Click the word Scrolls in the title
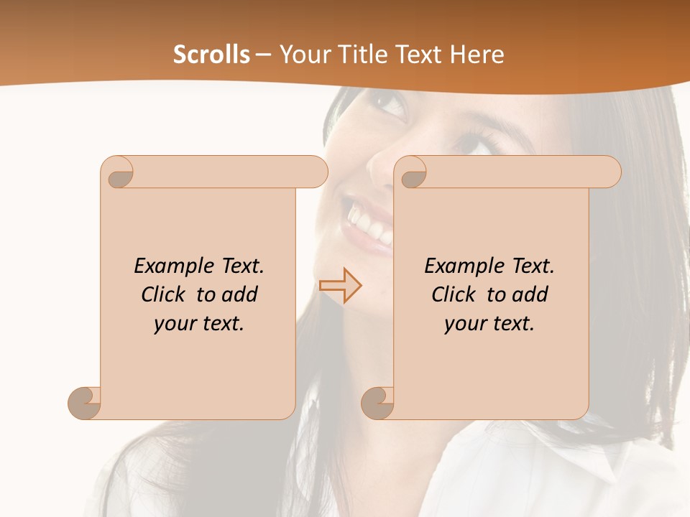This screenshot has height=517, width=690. coord(211,55)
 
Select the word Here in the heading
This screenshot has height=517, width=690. coord(476,55)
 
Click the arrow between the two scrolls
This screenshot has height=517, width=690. coord(341,286)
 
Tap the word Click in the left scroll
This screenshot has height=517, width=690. coord(165,294)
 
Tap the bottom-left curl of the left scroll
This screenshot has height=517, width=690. coord(85,403)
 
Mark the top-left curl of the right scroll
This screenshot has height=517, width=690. coord(412,173)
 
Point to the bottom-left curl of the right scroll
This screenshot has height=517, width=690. coord(377,403)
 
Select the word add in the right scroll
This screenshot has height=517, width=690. coord(530,294)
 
